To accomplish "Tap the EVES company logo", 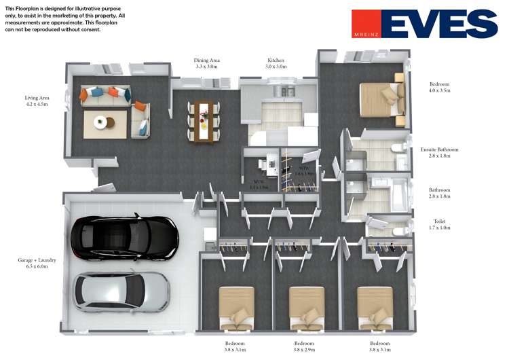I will pos(425,24).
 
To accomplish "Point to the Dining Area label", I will pos(206,64).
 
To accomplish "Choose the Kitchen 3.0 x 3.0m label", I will pos(276,64).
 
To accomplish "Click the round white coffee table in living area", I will pos(102,123).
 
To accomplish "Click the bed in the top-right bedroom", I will pos(380,99).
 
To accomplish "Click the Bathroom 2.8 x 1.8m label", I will pos(442,194).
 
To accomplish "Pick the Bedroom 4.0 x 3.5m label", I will pos(439,88).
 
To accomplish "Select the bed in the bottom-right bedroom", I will pos(375,306).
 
